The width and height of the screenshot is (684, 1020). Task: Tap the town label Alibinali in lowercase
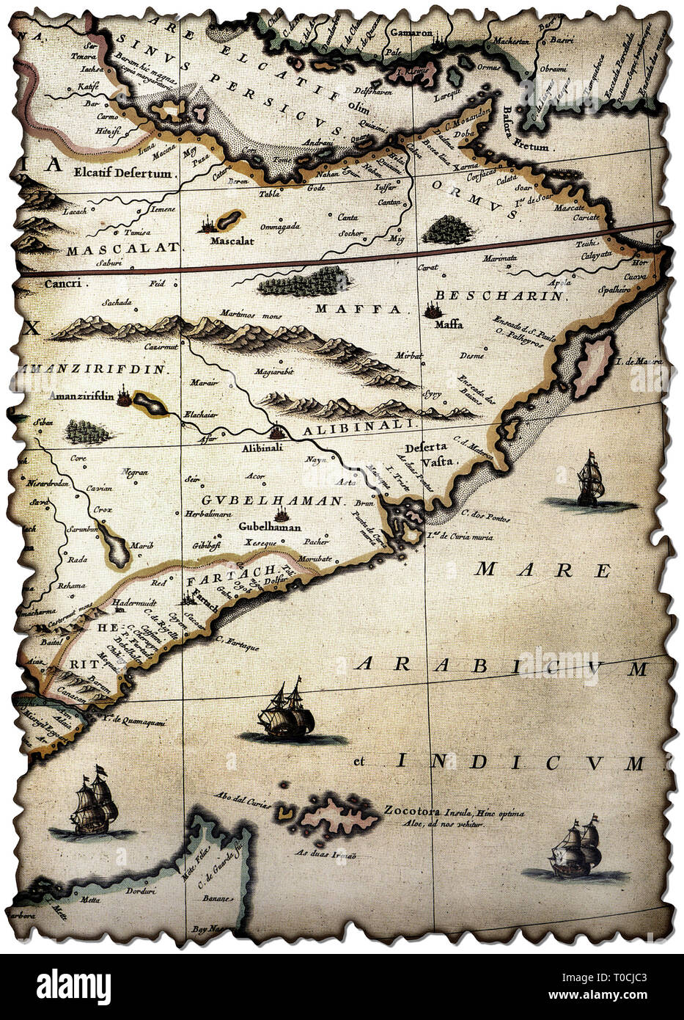point(262,445)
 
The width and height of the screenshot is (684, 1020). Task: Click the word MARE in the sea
point(543,569)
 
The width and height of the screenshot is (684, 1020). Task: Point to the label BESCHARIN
point(499,296)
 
